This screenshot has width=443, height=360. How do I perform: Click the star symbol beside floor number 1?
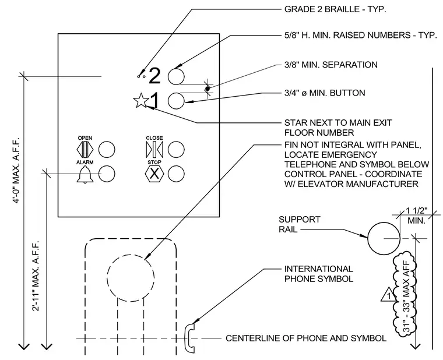(140, 101)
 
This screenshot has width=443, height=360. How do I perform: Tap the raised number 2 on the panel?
(154, 76)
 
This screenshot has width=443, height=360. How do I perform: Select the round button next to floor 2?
(176, 76)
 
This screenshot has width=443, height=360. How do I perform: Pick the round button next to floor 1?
(176, 101)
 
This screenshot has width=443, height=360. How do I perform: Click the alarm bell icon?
(85, 175)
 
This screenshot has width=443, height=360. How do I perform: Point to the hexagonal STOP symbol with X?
(154, 174)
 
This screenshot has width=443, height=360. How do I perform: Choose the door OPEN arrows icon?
(85, 149)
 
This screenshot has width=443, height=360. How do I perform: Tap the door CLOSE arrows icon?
(154, 149)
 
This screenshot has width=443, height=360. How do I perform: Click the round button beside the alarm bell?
(107, 174)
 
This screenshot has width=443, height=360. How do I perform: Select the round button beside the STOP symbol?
(176, 174)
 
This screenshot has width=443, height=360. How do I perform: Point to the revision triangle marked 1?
(388, 295)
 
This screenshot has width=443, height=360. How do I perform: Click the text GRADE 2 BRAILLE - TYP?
(335, 9)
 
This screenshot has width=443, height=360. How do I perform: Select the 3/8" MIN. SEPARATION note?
(331, 65)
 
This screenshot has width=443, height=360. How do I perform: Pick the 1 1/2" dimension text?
(417, 211)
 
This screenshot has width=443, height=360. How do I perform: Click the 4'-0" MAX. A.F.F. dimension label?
(17, 170)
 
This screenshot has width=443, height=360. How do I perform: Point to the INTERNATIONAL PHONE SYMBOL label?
(319, 274)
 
